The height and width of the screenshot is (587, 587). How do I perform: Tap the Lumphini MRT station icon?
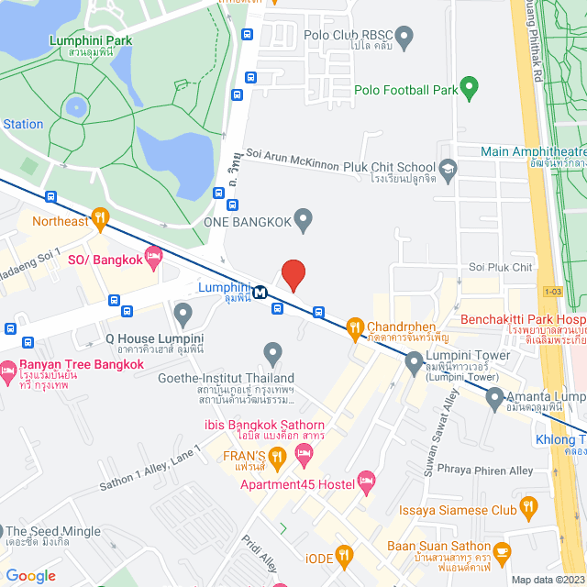(260, 293)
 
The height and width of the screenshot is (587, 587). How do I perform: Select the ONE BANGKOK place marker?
(305, 220)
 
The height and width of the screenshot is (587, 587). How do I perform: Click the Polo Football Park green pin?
(470, 89)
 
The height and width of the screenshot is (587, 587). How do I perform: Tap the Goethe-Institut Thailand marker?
(271, 353)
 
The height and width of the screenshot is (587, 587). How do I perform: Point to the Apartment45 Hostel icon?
(366, 480)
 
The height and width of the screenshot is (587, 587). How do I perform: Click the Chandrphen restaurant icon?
(355, 327)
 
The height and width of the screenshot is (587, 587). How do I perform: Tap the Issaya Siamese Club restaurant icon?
(528, 505)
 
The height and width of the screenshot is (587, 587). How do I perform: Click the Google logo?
(30, 575)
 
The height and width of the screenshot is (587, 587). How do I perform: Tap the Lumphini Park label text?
(92, 41)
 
